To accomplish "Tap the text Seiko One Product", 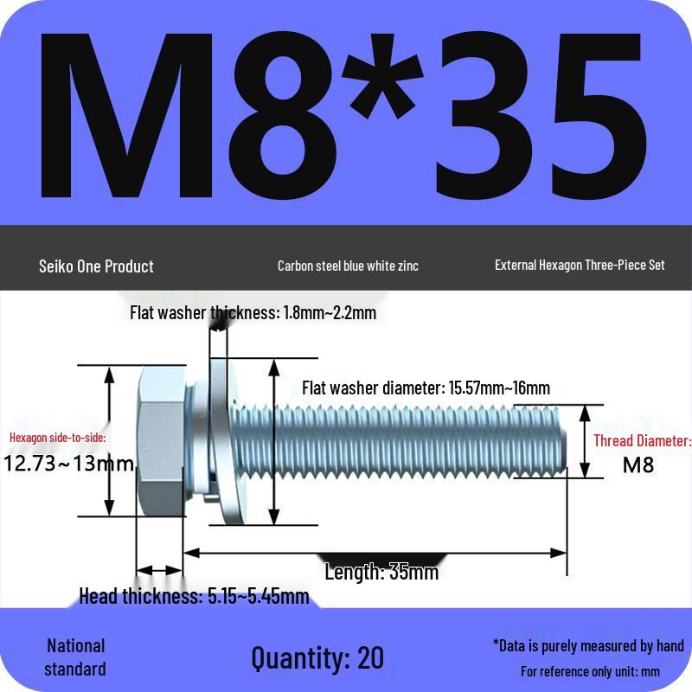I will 96,266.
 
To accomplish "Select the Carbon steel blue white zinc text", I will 348,266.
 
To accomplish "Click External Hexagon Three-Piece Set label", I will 580,265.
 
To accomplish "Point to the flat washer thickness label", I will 253,312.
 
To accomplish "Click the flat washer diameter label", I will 426,388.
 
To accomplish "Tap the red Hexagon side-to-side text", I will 58,438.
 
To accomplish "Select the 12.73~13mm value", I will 69,464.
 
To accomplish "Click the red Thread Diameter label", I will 642,441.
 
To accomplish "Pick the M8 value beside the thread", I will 638,465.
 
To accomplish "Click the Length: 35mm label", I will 381,572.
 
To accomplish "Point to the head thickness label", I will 194,595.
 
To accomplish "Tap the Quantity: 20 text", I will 317,657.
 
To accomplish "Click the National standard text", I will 75,657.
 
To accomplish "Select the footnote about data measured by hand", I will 588,645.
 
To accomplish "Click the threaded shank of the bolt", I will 415,441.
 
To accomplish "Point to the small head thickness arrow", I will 160,571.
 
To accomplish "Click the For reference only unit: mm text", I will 590,671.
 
